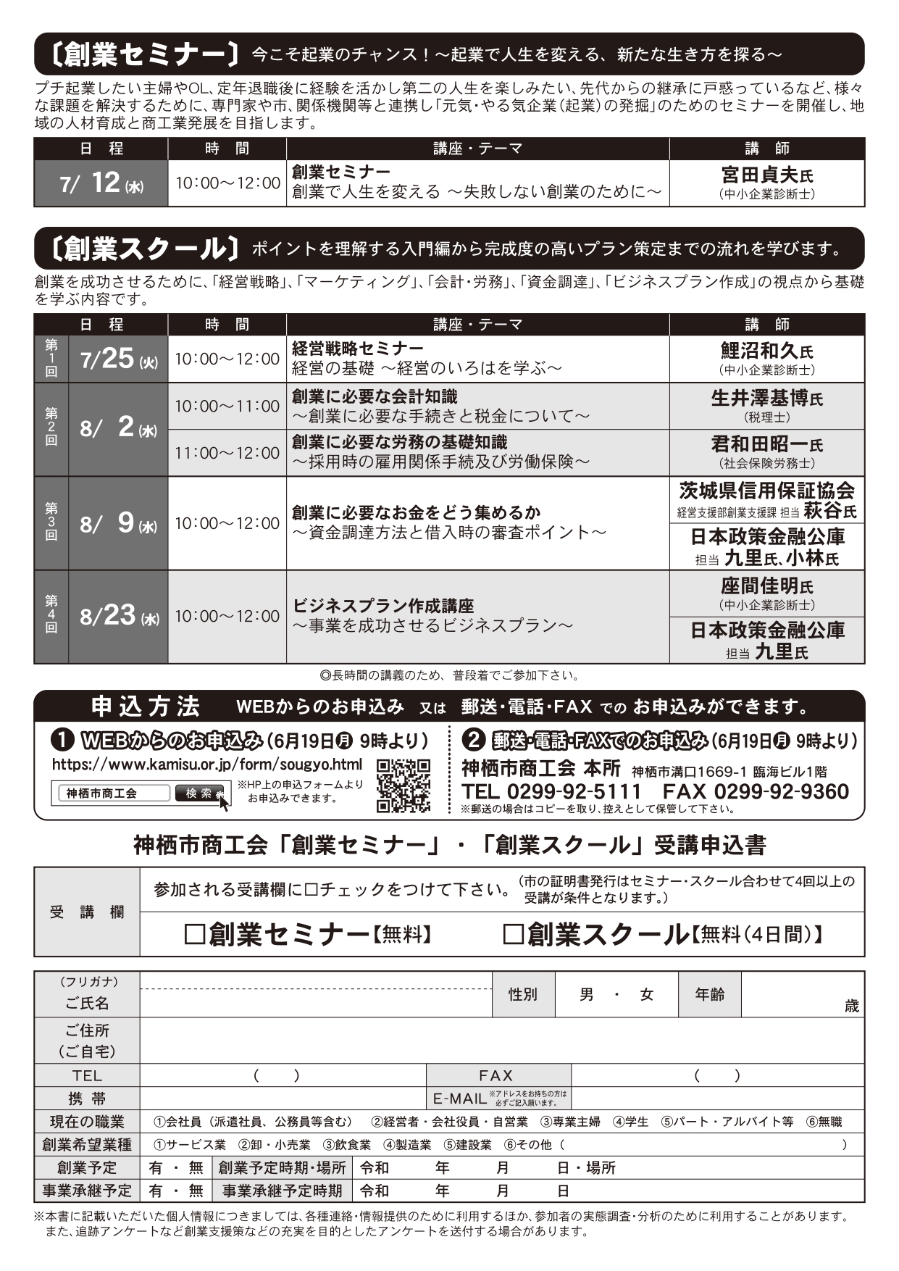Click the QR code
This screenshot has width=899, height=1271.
coord(403,785)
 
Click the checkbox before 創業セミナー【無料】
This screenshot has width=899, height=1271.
coord(194,935)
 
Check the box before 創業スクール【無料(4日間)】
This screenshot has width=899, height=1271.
coord(513,935)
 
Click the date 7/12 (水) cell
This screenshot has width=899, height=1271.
coord(101,183)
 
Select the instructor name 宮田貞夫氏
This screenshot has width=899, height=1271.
coord(766,175)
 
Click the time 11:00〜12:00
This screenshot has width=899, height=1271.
coord(227,453)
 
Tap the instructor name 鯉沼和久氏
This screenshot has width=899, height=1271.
coord(766,351)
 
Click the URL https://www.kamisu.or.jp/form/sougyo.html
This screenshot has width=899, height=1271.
coord(207,764)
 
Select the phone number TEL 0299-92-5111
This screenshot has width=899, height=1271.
coord(551,791)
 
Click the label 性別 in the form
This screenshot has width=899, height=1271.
coord(523,995)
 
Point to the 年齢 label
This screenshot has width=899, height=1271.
coord(709,995)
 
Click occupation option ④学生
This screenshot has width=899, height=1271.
coord(630,1122)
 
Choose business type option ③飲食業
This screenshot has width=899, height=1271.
coord(346,1145)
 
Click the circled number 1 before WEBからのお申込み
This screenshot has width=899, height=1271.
coord(62,740)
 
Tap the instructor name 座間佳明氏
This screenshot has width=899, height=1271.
coord(766,586)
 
